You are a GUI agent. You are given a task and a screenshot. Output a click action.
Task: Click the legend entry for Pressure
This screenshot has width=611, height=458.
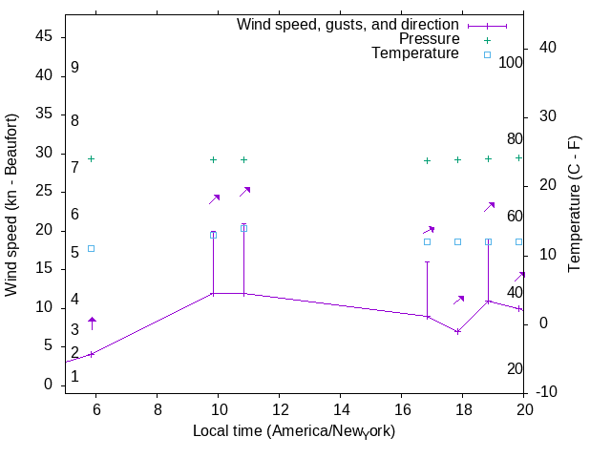[429, 39]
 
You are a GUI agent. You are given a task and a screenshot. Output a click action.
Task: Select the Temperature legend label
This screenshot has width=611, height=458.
[415, 53]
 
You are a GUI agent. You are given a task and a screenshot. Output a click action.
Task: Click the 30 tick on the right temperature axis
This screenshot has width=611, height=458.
[550, 116]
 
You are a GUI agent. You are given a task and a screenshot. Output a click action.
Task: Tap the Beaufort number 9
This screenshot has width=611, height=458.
[74, 68]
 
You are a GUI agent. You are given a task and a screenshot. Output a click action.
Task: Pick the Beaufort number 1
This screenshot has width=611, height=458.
[74, 377]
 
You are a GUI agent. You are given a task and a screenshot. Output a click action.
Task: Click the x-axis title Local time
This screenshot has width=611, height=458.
[294, 431]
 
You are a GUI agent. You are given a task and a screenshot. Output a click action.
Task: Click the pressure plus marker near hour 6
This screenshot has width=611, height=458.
[92, 158]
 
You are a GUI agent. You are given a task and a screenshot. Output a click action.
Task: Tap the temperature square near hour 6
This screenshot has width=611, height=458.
[92, 248]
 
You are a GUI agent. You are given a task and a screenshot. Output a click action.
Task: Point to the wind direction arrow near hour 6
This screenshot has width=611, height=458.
[92, 323]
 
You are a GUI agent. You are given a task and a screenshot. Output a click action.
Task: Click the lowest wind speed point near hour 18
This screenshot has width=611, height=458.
[458, 331]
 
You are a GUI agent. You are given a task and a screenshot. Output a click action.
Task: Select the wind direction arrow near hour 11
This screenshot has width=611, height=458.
[244, 192]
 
